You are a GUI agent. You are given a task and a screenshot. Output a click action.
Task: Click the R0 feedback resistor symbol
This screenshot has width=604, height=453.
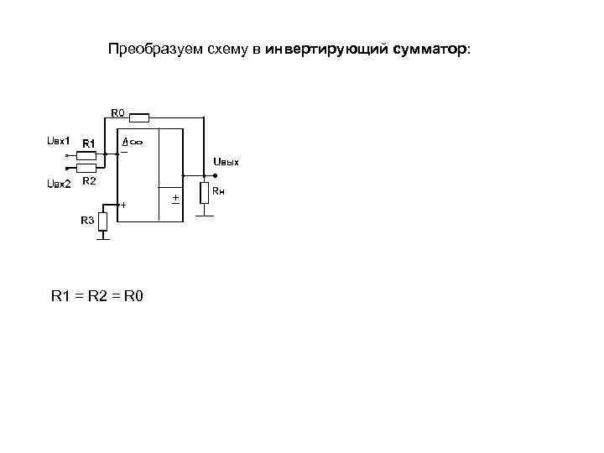pos(138,117)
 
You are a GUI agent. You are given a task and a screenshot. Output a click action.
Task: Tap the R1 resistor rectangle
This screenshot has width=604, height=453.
pos(86,155)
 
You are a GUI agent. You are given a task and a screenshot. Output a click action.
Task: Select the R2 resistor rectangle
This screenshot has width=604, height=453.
pos(86,167)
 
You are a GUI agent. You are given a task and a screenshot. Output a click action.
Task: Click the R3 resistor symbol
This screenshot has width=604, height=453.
pos(103,221)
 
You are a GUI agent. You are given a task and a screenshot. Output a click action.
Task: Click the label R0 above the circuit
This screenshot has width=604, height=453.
pos(117,112)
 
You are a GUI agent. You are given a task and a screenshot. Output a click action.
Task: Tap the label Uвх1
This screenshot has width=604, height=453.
pos(57,140)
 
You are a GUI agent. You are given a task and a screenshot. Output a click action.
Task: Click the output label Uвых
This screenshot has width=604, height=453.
pos(226,161)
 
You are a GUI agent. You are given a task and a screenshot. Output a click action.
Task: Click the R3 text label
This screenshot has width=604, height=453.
pos(87,220)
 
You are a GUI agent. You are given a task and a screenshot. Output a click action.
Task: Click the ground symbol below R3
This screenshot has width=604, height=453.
pos(103,238)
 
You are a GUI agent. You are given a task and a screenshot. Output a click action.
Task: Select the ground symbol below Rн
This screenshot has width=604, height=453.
pos(204,216)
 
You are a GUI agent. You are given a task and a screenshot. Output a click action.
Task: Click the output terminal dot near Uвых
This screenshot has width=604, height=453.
pos(216,175)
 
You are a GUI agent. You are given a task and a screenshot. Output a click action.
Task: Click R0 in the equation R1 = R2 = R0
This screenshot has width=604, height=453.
pos(133,296)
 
